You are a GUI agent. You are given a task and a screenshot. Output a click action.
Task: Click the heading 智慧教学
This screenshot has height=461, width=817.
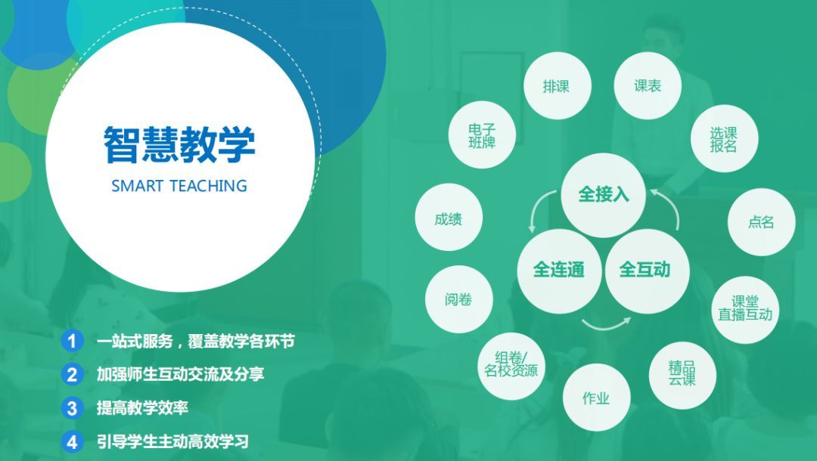[179, 144]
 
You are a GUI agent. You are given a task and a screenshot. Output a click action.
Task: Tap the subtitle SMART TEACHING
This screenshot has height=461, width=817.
[179, 186]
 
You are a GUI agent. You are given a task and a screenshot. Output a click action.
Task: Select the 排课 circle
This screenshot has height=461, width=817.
[557, 86]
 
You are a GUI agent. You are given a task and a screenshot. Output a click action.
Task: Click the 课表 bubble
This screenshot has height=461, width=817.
[648, 86]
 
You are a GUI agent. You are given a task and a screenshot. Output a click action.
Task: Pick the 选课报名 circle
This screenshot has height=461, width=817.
[724, 139]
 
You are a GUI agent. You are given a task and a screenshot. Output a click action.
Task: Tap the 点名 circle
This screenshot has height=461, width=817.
[761, 222]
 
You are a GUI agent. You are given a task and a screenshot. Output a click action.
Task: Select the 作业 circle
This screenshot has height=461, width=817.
[596, 398]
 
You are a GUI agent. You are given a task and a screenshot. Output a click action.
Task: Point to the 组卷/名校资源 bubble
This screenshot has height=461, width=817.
[511, 366]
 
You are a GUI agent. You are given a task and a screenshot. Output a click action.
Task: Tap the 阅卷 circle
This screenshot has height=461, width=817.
[458, 299]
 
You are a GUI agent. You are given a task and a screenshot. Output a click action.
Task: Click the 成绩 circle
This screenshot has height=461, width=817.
[449, 218]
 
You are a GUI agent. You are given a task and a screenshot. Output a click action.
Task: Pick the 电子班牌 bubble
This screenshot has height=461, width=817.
[482, 135]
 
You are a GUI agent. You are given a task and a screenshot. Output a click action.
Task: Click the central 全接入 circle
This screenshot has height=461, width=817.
[604, 195]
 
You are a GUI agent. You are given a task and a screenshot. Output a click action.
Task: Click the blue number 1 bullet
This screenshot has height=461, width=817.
[72, 341]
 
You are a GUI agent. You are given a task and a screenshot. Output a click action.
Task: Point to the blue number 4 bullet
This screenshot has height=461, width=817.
[72, 442]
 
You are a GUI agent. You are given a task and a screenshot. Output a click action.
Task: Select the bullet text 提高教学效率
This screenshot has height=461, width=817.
[142, 408]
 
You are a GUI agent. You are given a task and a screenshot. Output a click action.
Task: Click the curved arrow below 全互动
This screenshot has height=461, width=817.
[606, 327]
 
